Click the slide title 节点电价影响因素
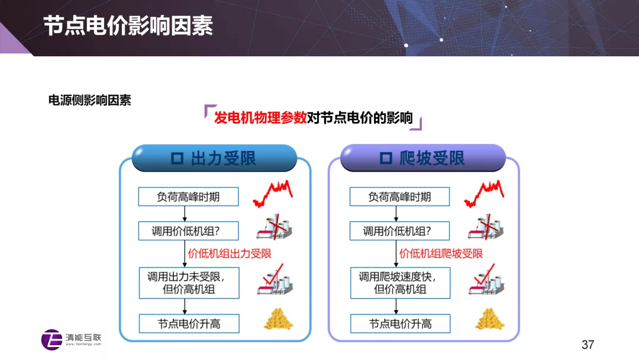click(128, 26)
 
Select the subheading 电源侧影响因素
click(90, 100)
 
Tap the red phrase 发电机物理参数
click(260, 118)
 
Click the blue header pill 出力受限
click(214, 157)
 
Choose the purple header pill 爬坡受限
click(423, 157)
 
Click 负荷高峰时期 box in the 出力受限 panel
click(188, 197)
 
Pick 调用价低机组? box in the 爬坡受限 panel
click(399, 231)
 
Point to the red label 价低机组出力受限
click(230, 253)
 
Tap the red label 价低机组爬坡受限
click(441, 253)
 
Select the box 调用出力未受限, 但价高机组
click(189, 283)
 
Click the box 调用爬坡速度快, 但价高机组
click(400, 283)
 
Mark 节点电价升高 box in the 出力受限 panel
click(189, 324)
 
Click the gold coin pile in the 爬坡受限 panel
click(490, 319)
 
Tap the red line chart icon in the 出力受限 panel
click(273, 193)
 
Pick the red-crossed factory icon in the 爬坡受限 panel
click(486, 227)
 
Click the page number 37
click(588, 345)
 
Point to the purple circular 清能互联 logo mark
click(51, 340)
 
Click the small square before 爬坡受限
click(386, 158)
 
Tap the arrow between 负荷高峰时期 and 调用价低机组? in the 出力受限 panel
click(185, 214)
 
